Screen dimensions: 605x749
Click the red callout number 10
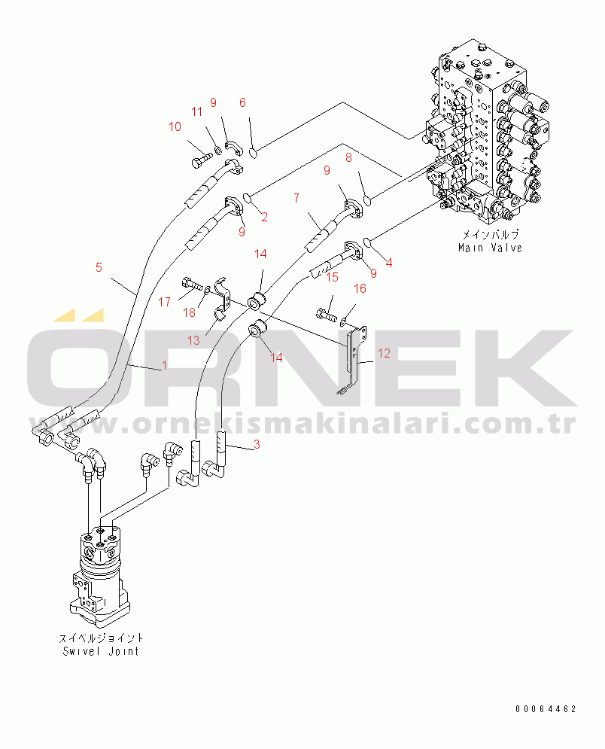point(175,126)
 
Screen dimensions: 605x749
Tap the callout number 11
point(196,111)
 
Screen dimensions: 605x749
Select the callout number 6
point(242,102)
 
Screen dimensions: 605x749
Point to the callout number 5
point(99,267)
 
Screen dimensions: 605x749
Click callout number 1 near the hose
point(165,365)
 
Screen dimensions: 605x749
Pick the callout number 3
point(257,445)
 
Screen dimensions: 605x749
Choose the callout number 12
point(384,354)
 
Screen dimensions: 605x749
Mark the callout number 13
point(193,340)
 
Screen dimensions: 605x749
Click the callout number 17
point(164,303)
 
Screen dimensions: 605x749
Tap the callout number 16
point(360,288)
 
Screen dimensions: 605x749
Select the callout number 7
point(296,198)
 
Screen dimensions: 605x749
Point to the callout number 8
point(348,157)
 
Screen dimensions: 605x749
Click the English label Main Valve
point(490,248)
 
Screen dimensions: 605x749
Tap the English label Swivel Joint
point(101,651)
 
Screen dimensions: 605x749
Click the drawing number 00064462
point(546,709)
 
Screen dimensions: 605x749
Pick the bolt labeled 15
point(327,315)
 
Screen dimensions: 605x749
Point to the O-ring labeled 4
point(369,242)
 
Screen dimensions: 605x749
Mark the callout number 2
point(264,218)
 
